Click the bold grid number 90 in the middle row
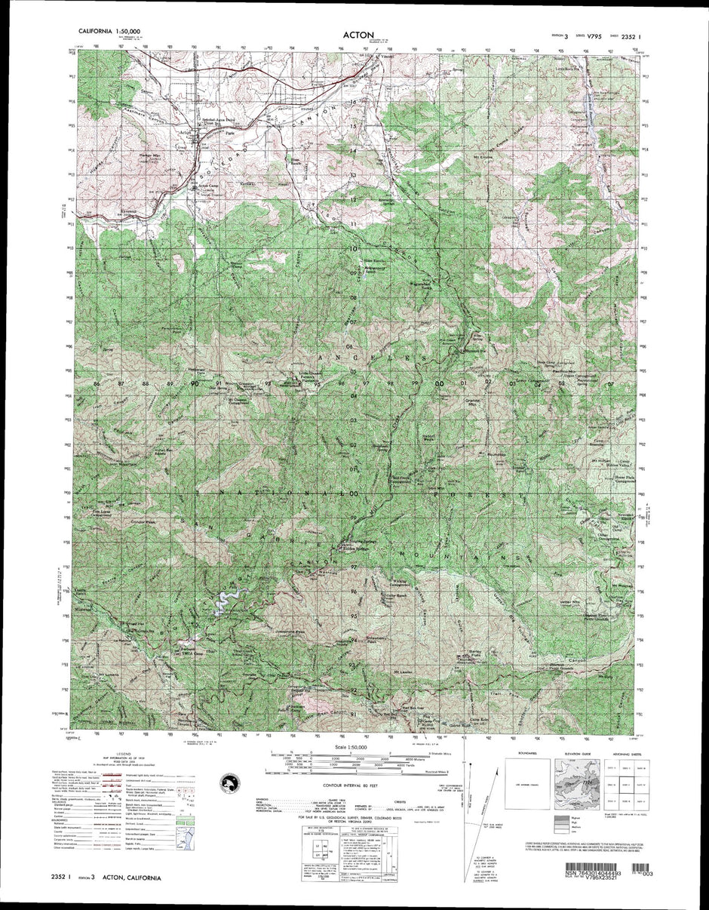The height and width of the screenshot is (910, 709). click(x=195, y=384)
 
